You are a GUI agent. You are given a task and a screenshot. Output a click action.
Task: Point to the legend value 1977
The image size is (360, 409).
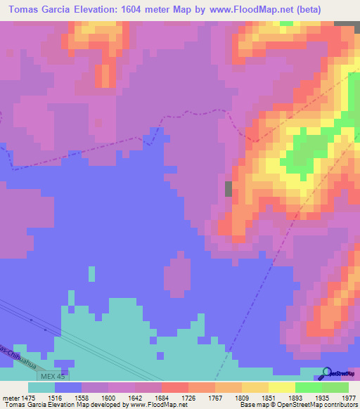click(x=348, y=397)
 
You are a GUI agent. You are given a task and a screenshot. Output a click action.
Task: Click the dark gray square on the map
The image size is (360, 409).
click(x=229, y=188)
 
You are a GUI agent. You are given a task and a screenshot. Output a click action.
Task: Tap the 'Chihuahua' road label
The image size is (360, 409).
click(x=19, y=355)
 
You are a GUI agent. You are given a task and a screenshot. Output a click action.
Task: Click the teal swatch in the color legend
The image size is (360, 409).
click(x=41, y=387)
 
